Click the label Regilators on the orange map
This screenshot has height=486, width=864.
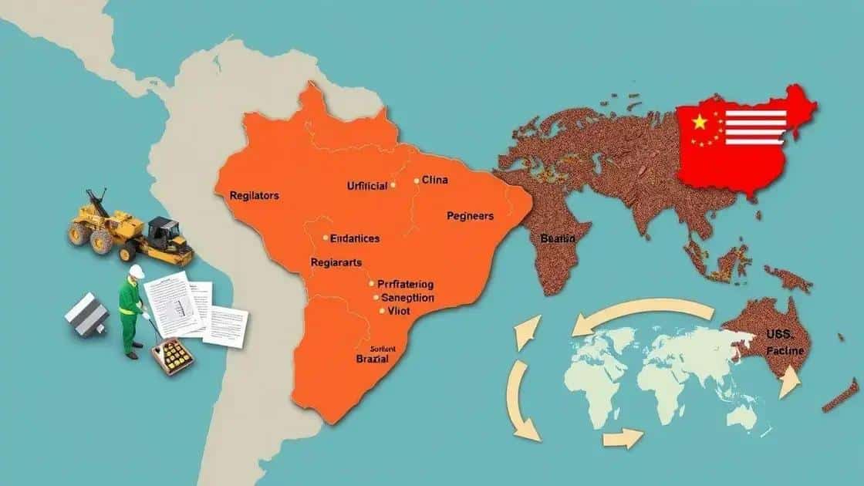point(254,196)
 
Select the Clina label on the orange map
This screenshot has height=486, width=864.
point(435,181)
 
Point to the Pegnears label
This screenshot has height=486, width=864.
point(470,217)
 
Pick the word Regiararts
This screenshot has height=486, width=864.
point(336,262)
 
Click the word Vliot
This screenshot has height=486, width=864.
point(400,310)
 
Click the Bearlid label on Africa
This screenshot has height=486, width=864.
point(558,239)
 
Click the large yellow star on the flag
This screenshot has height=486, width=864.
point(700,122)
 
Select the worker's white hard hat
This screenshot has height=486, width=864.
point(137,272)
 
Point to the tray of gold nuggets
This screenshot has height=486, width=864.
point(172,356)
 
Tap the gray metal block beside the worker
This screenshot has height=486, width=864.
point(86,317)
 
